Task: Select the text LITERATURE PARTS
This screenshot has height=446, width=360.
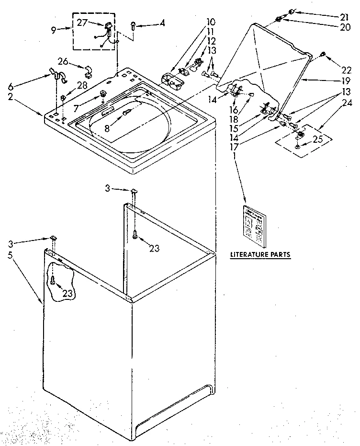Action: (x=260, y=254)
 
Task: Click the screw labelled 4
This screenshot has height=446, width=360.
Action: (x=134, y=25)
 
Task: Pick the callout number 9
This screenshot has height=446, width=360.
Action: (x=54, y=30)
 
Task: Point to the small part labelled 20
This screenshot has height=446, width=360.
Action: (x=278, y=19)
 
